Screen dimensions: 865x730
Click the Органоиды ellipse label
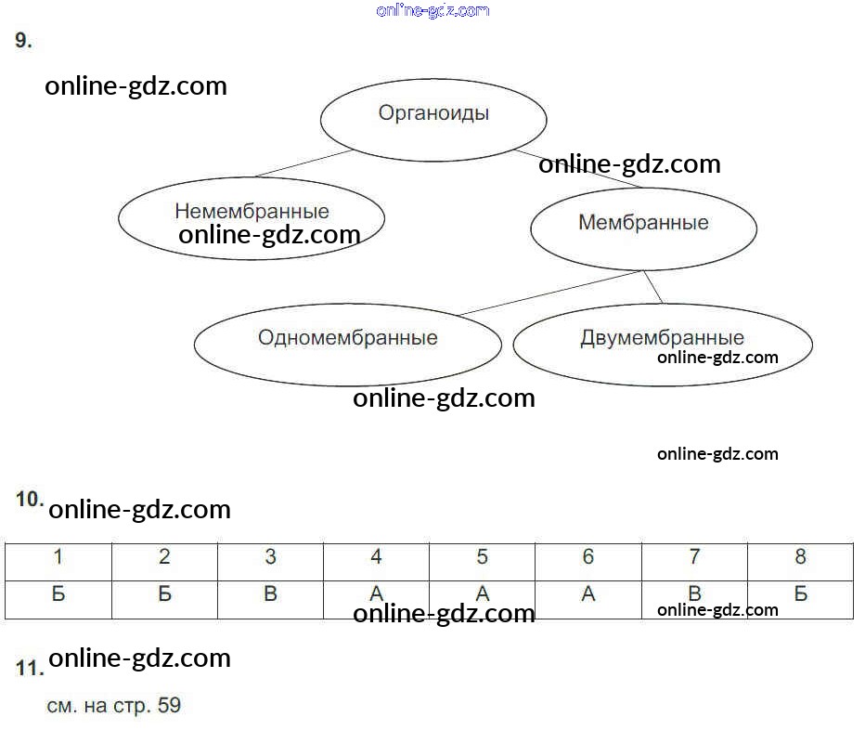[x=433, y=113]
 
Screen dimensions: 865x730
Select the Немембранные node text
[x=252, y=211]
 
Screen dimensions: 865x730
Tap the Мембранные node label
[x=643, y=222]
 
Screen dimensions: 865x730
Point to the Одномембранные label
[x=347, y=337]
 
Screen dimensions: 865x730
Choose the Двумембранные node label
[x=662, y=337]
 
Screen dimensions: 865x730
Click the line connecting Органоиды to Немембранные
[x=304, y=163]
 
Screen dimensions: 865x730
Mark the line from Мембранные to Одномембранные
[x=550, y=293]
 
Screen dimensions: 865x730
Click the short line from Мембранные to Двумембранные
[x=652, y=287]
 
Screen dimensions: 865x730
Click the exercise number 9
[x=24, y=40]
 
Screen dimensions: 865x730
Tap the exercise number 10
[x=30, y=499]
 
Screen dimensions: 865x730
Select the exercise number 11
[x=30, y=668]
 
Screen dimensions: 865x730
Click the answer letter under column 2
[x=164, y=593]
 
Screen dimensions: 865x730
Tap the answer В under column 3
[x=270, y=593]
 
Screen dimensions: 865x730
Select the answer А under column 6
[x=588, y=593]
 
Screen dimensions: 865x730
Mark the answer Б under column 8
[x=800, y=593]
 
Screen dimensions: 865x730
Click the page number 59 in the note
[x=169, y=705]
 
